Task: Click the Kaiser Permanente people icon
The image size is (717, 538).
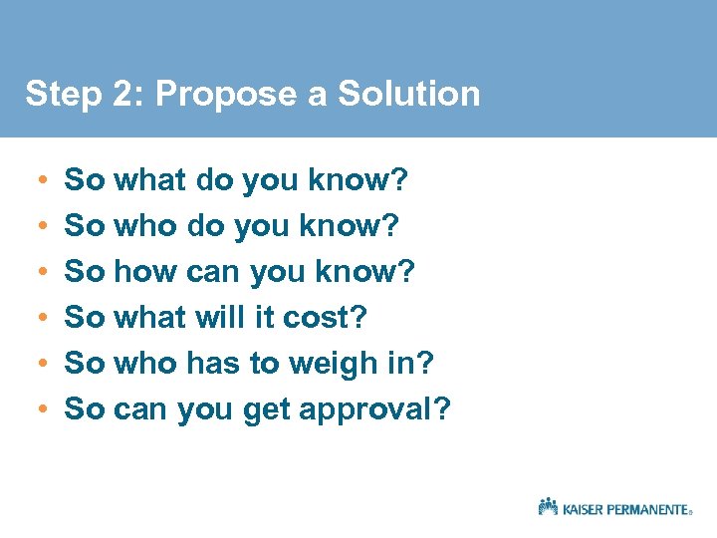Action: [548, 506]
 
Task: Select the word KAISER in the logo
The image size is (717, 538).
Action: [585, 509]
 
